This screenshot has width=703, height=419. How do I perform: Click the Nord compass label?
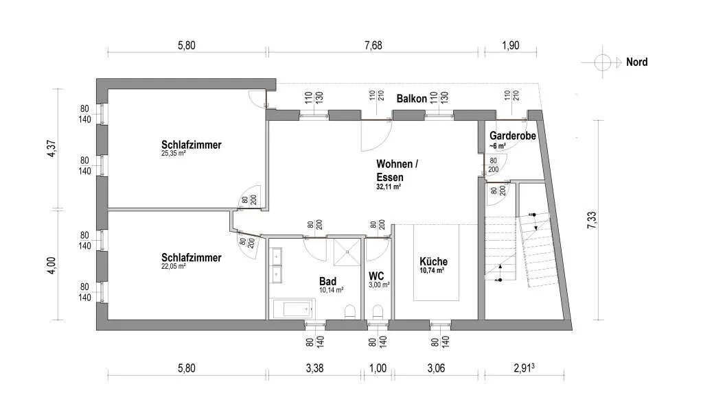pyautogui.click(x=636, y=62)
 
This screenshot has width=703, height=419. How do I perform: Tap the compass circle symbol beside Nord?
pyautogui.click(x=603, y=62)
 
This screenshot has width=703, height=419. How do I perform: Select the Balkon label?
pyautogui.click(x=411, y=99)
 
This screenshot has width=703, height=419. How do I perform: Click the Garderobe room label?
pyautogui.click(x=512, y=135)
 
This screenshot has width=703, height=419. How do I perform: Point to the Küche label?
pyautogui.click(x=433, y=261)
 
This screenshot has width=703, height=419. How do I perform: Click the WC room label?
pyautogui.click(x=376, y=276)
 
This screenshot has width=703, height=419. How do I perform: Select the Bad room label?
pyautogui.click(x=327, y=281)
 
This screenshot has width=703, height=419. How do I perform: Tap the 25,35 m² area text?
pyautogui.click(x=174, y=153)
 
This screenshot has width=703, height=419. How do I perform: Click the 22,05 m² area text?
pyautogui.click(x=174, y=266)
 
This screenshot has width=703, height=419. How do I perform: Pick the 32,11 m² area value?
pyautogui.click(x=389, y=187)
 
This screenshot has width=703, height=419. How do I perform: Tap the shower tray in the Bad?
pyautogui.click(x=347, y=252)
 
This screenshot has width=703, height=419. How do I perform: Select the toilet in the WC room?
pyautogui.click(x=378, y=311)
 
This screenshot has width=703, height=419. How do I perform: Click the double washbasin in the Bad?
pyautogui.click(x=276, y=266)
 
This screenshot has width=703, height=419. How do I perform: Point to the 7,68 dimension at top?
pyautogui.click(x=373, y=45)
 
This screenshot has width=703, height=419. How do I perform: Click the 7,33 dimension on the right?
pyautogui.click(x=592, y=220)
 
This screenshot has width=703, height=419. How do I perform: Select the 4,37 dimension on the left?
pyautogui.click(x=52, y=149)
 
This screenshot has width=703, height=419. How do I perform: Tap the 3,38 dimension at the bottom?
pyautogui.click(x=314, y=368)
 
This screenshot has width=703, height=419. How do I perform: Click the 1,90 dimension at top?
pyautogui.click(x=510, y=45)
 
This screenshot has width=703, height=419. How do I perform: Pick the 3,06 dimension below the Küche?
pyautogui.click(x=436, y=368)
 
